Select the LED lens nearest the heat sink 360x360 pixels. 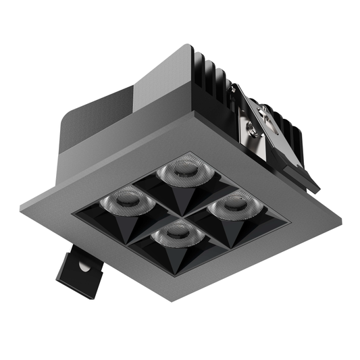coord(180,172)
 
